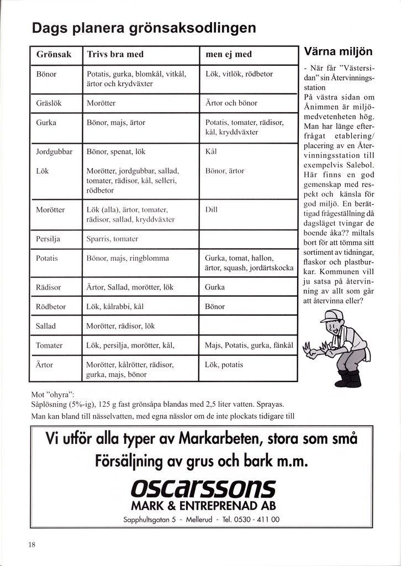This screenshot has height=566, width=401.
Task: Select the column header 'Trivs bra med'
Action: point(115,54)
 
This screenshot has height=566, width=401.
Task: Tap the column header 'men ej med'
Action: point(228,54)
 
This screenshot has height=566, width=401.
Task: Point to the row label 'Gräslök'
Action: point(48,103)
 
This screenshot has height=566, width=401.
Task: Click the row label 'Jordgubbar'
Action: point(54,151)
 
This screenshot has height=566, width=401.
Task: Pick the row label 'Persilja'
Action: point(48,239)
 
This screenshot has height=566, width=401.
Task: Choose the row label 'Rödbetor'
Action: point(51,306)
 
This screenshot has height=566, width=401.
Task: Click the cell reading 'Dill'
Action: point(211,209)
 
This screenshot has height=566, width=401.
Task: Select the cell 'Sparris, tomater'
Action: point(112,239)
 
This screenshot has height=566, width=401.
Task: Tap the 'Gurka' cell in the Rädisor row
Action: point(215,287)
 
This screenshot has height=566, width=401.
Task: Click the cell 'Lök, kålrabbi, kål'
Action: point(115,306)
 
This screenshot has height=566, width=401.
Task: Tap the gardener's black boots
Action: point(349,379)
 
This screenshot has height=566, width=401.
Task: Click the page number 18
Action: point(31,544)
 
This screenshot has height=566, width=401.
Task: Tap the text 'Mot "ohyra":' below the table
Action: point(54,395)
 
